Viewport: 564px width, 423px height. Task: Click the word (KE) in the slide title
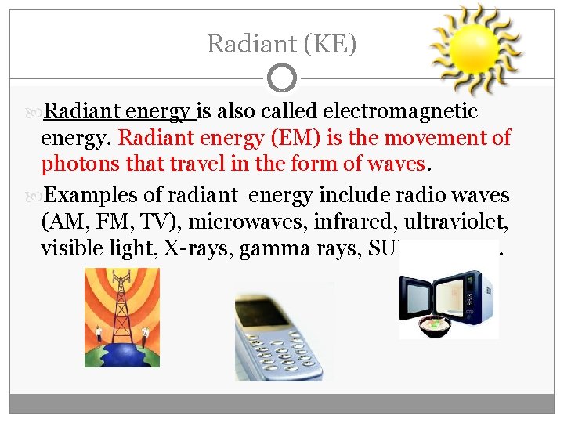coord(333,45)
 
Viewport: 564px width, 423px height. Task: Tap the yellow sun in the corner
coord(475,49)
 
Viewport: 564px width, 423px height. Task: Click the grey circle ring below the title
coord(281,78)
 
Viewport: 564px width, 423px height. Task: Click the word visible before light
coord(70,249)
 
